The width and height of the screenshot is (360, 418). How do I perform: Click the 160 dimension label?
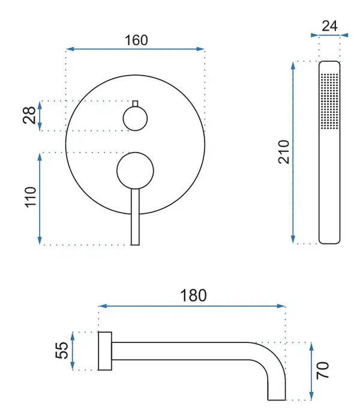click(x=136, y=40)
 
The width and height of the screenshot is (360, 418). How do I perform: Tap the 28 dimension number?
click(x=29, y=115)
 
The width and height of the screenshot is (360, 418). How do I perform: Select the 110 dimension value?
click(x=31, y=197)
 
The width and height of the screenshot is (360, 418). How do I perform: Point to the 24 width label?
click(x=329, y=26)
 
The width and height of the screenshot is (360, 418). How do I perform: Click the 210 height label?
click(x=284, y=152)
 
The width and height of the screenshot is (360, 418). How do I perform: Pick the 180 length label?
click(x=193, y=295)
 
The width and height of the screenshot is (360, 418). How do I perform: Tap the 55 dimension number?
click(x=62, y=350)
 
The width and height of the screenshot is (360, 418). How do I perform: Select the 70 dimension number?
click(x=323, y=371)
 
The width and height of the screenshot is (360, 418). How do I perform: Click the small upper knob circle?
click(x=135, y=119)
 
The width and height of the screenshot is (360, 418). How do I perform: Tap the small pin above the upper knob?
click(x=135, y=103)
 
